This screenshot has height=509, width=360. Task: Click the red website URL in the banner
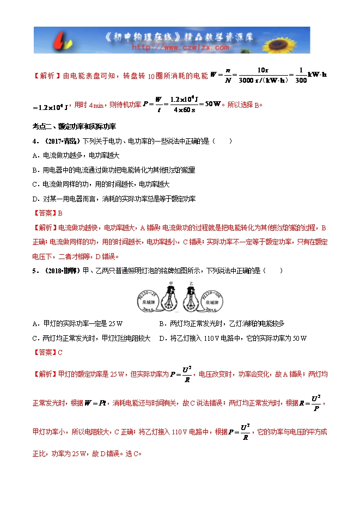tap(180, 47)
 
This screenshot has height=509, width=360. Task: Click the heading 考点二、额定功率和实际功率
tap(74, 126)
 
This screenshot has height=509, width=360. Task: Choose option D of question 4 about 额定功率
tap(114, 199)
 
